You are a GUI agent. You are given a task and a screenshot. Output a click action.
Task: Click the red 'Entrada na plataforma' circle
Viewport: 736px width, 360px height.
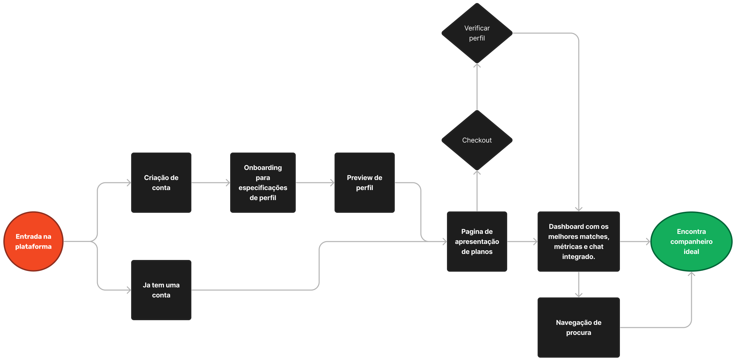(x=33, y=241)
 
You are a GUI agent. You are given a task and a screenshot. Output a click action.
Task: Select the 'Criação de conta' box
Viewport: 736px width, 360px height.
(x=161, y=183)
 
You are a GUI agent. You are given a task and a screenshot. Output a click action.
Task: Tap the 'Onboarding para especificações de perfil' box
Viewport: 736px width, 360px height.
(x=263, y=183)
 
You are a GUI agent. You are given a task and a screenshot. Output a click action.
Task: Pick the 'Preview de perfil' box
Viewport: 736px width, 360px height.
(x=364, y=183)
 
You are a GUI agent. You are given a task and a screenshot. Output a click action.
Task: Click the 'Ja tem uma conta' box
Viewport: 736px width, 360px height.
(x=161, y=290)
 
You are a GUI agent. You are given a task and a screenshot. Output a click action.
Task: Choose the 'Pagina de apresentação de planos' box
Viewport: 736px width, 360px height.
(x=477, y=241)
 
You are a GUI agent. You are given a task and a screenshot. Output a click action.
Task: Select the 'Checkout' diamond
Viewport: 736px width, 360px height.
(x=477, y=140)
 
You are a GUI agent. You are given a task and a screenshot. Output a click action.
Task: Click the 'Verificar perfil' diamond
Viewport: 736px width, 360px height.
(x=477, y=33)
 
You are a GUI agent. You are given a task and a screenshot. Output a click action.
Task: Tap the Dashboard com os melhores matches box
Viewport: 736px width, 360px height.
(x=578, y=241)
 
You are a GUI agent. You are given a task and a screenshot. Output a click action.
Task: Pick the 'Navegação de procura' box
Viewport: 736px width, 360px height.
(x=578, y=328)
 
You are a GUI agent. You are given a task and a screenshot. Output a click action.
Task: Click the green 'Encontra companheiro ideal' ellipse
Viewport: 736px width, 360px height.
(x=691, y=241)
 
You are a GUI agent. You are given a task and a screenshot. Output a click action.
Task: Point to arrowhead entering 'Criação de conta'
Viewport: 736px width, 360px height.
(x=128, y=183)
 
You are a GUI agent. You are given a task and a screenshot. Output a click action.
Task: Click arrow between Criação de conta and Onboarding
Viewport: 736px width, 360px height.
(x=210, y=183)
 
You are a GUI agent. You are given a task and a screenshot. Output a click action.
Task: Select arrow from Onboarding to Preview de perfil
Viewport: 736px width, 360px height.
(x=315, y=183)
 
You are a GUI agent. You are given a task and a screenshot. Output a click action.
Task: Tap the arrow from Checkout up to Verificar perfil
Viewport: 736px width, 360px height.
(x=477, y=87)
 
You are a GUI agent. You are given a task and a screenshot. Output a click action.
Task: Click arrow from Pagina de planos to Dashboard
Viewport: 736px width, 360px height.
(x=522, y=241)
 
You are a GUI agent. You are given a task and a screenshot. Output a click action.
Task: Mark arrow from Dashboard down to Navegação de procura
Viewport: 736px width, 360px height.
(x=579, y=284)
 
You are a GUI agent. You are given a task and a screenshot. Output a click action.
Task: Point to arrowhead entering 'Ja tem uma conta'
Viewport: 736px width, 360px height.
(x=128, y=290)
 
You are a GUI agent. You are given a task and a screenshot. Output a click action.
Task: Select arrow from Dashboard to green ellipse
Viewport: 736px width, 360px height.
(x=635, y=241)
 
